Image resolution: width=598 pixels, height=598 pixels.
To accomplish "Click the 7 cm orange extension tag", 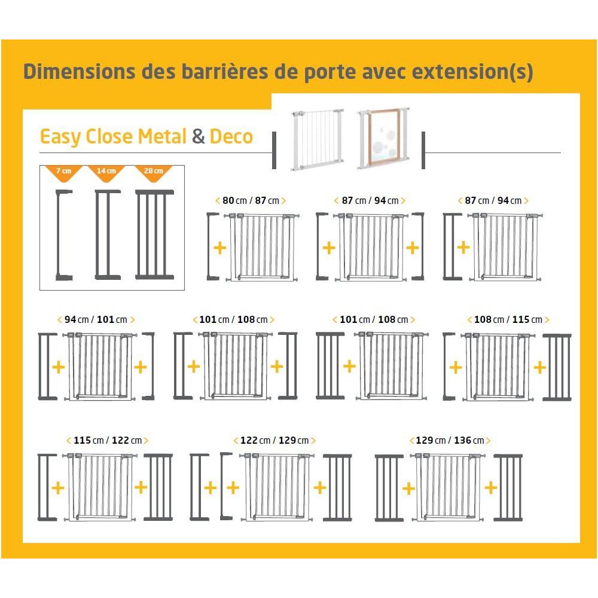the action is (64, 172).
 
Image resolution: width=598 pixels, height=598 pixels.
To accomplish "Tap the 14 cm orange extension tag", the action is (106, 172).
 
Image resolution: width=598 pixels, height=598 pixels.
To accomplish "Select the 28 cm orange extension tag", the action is (153, 172).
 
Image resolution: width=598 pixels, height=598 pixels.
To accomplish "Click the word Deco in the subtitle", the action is (231, 136).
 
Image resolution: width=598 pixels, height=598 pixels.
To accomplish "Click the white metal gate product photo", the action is (318, 139).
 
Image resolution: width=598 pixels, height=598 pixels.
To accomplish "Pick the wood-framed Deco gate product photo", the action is (384, 139).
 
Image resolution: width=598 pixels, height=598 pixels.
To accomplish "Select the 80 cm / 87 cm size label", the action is (251, 200).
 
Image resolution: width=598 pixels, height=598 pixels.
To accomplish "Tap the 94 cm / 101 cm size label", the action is (96, 319).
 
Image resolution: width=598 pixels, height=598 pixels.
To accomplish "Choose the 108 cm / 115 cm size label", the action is (508, 319).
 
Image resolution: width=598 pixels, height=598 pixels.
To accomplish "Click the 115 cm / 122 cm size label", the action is (108, 441).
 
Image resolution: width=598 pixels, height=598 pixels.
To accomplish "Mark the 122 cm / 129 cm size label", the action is (274, 441).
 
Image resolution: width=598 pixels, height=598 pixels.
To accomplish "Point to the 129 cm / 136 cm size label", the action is (450, 441).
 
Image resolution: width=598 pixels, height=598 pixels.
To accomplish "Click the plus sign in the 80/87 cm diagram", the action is (219, 248).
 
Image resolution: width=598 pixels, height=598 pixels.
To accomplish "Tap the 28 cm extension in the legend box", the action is (154, 234).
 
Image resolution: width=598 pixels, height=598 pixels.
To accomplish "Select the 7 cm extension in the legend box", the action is (64, 235).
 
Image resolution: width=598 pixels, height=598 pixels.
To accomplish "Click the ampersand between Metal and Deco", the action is (199, 136).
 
